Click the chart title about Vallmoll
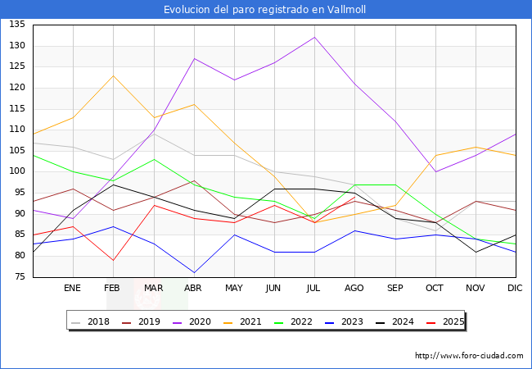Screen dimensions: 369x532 (266, 10)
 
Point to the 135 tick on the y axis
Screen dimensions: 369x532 (16, 25)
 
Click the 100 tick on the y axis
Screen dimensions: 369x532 (16, 171)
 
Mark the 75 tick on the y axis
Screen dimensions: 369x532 (16, 277)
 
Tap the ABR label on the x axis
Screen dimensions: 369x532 (194, 289)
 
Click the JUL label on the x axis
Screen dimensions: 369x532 (314, 289)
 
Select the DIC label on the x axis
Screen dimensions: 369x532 (515, 289)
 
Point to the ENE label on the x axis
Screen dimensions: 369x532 (73, 289)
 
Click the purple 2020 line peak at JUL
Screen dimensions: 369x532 (314, 37)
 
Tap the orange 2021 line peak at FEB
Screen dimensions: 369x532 (113, 75)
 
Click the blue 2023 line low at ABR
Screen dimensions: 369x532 (194, 272)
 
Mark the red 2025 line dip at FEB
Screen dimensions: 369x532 (113, 260)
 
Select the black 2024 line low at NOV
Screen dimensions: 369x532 (476, 252)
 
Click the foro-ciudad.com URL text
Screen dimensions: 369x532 (469, 356)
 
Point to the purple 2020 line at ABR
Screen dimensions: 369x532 (194, 58)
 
